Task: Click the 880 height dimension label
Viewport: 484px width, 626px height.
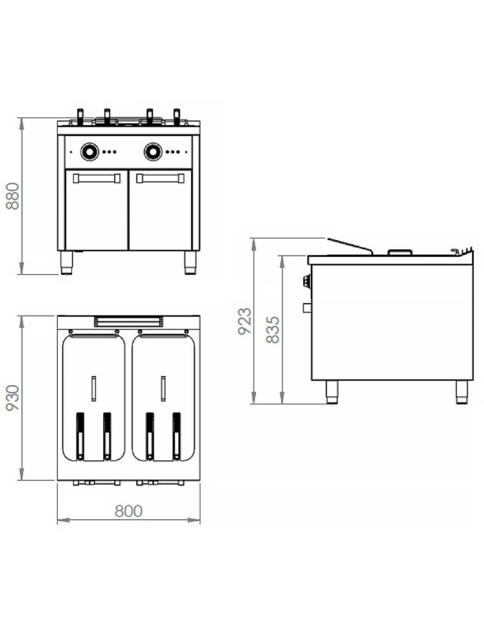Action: click(13, 196)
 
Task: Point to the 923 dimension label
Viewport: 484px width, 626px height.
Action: click(245, 320)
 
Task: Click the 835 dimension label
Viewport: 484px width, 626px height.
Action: click(272, 330)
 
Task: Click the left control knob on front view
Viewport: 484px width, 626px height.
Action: click(90, 151)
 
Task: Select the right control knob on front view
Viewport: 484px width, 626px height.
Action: click(153, 151)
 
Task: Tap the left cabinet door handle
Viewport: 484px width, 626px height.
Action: click(97, 178)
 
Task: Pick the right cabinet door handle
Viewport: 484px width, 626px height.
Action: click(160, 178)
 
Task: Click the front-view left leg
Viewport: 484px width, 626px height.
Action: click(67, 262)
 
